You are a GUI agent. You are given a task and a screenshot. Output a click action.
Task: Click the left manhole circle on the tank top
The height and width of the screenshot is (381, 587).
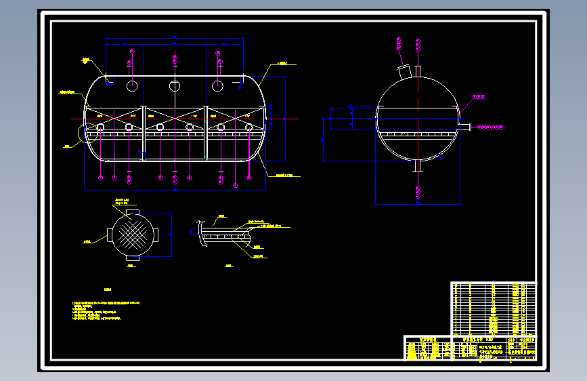pos(132,86)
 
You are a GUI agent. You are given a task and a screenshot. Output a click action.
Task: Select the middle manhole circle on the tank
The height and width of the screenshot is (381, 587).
pos(175,86)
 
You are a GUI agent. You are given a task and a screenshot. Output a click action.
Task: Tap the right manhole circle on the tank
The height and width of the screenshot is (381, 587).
pos(217,86)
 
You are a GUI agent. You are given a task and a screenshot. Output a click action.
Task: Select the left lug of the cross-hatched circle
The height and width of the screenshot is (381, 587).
pos(110,234)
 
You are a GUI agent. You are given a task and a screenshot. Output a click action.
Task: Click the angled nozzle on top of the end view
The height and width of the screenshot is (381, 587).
pos(404,71)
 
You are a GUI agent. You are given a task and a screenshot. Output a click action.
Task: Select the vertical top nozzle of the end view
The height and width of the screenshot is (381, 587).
pos(418,71)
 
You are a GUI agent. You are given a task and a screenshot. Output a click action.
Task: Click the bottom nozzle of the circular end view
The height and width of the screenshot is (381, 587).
pos(418,166)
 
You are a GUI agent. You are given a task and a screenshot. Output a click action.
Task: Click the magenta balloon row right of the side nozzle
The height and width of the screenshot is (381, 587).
pos(492,126)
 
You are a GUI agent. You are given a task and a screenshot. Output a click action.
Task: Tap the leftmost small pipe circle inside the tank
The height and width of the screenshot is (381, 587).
pos(100,127)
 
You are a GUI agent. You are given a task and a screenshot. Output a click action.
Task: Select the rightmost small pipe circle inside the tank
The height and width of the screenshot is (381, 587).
pos(249,127)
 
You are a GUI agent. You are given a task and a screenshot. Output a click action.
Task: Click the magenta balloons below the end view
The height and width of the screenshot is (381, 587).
pos(418,193)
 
